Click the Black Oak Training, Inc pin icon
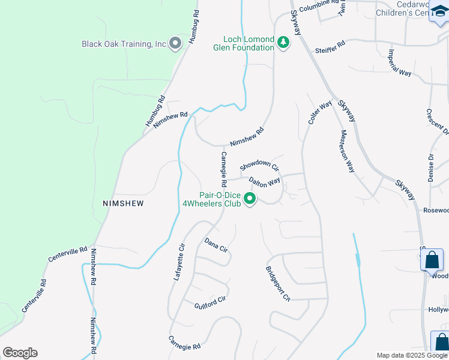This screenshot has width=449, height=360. pyautogui.click(x=175, y=43)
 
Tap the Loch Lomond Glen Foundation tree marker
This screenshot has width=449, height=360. pyautogui.click(x=283, y=43)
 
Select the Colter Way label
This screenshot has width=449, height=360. pyautogui.click(x=319, y=113)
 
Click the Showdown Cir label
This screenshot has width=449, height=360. pyautogui.click(x=259, y=166)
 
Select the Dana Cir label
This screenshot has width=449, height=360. pyautogui.click(x=216, y=245)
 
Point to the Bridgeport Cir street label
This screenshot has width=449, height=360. pyautogui.click(x=278, y=284)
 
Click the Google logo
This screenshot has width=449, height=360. pyautogui.click(x=20, y=353)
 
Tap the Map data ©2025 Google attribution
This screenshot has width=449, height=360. pyautogui.click(x=412, y=355)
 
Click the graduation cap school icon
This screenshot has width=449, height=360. pyautogui.click(x=439, y=13)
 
